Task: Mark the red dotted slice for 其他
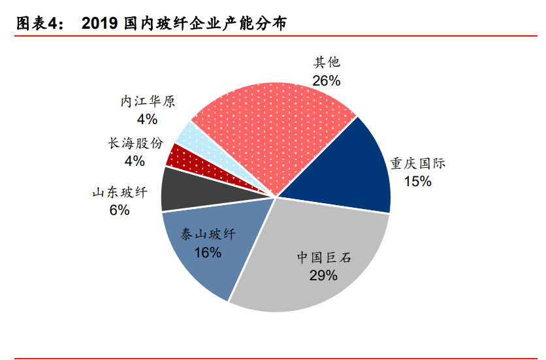(268, 124)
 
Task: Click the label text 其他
(327, 63)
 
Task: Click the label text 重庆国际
(418, 163)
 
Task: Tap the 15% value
(417, 181)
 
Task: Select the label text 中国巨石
(323, 257)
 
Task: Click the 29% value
(323, 275)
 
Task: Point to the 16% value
(208, 252)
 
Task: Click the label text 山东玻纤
(120, 193)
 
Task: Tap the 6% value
(120, 210)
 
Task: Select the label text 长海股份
(135, 143)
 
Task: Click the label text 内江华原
(147, 102)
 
